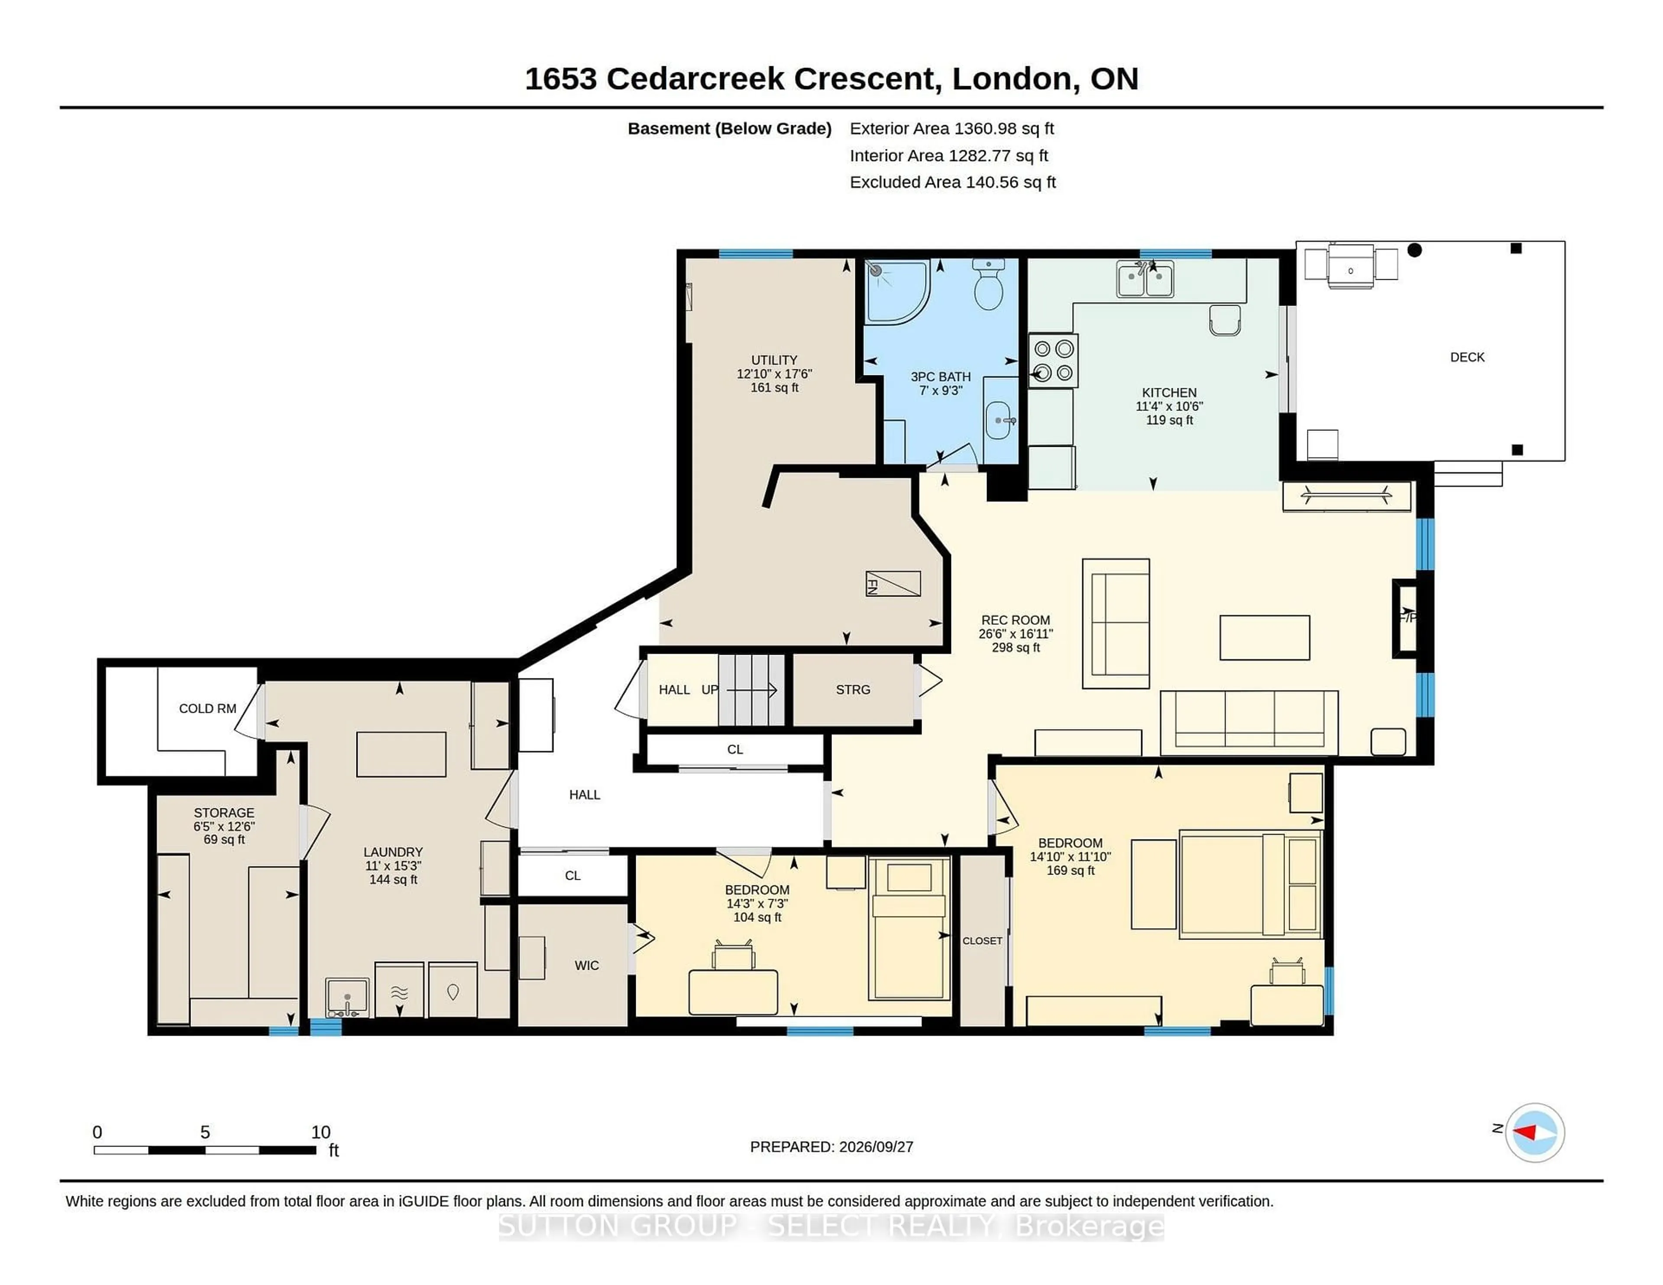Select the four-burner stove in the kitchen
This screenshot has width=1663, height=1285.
pyautogui.click(x=1053, y=361)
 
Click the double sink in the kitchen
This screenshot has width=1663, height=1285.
pyautogui.click(x=1145, y=279)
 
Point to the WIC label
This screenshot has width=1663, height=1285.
pyautogui.click(x=586, y=965)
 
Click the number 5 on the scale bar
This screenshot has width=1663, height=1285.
pyautogui.click(x=205, y=1132)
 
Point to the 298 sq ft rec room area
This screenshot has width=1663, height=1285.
pyautogui.click(x=1016, y=648)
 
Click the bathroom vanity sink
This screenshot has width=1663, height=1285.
pyautogui.click(x=1000, y=420)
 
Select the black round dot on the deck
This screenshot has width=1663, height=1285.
pyautogui.click(x=1415, y=250)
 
